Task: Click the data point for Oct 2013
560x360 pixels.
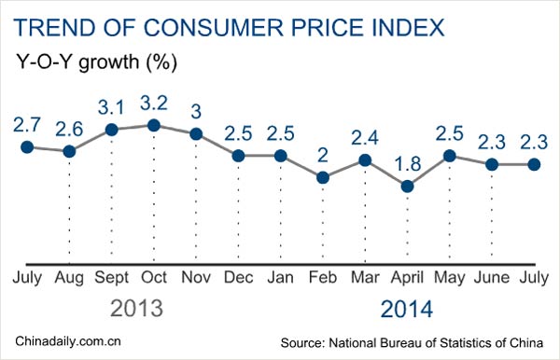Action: [154, 125]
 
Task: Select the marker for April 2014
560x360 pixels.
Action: [407, 187]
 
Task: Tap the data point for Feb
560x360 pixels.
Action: [322, 177]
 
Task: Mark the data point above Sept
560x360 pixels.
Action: [112, 130]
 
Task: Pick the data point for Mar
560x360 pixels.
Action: [365, 159]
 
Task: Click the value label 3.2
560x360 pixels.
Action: [153, 101]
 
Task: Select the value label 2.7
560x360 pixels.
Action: [27, 122]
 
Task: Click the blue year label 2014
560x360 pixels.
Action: [406, 308]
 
